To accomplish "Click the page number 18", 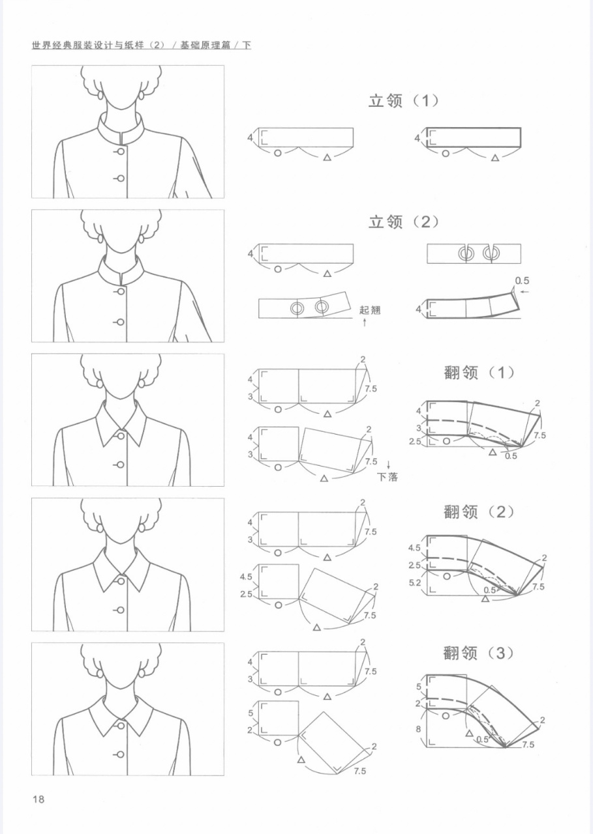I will click(x=38, y=799).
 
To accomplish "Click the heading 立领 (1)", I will click(x=404, y=101).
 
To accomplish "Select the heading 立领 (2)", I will click(x=404, y=222).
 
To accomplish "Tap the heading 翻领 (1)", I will click(x=479, y=373).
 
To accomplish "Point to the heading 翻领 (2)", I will click(x=479, y=511).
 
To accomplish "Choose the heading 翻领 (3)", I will click(x=479, y=653).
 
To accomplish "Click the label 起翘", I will click(x=369, y=309).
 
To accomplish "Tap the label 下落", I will click(x=388, y=477).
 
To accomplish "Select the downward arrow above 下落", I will click(x=388, y=465).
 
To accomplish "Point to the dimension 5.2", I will click(x=414, y=582).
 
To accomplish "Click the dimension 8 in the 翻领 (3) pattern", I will click(x=418, y=729).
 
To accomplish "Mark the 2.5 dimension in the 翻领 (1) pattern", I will click(x=415, y=441).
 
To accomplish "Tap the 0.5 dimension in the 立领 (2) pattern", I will click(x=521, y=281).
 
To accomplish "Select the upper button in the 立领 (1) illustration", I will click(x=121, y=151).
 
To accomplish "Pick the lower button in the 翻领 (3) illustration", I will click(x=121, y=754).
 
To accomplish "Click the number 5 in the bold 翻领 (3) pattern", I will click(x=419, y=687).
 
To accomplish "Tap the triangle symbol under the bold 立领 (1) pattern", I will click(x=494, y=157).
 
